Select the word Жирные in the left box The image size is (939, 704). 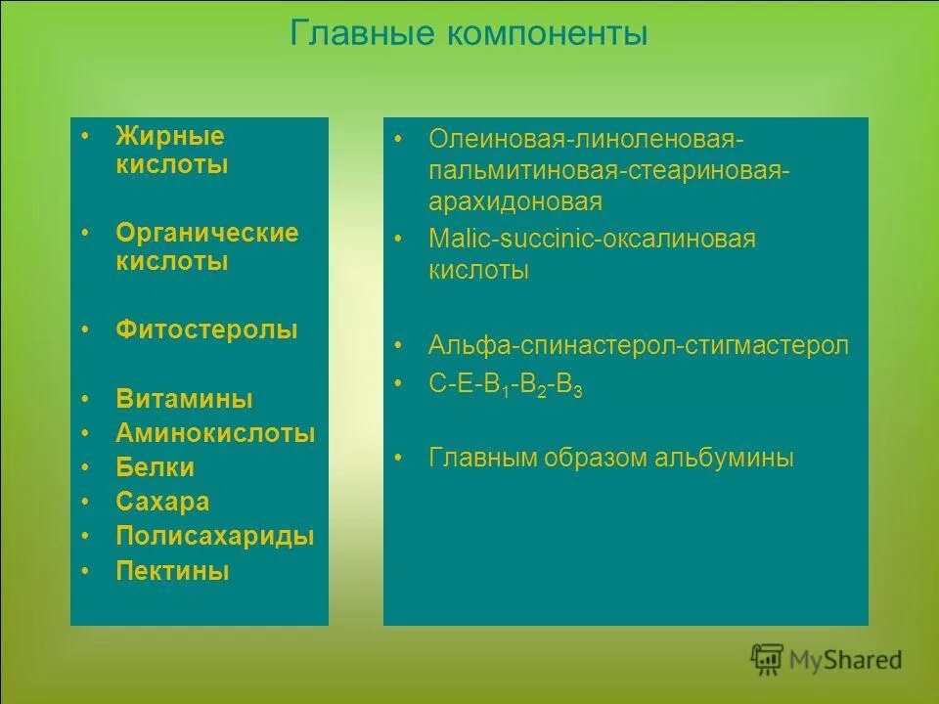tap(170, 136)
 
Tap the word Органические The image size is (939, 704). tap(207, 233)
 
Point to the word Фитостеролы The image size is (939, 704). tap(206, 330)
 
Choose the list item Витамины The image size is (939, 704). tap(184, 399)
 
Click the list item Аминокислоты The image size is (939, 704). tap(215, 433)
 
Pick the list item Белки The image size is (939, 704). tap(155, 467)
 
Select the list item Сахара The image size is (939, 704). tap(162, 502)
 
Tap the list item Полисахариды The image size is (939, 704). tap(215, 536)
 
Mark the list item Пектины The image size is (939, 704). tap(172, 571)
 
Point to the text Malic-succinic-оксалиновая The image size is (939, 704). tap(592, 239)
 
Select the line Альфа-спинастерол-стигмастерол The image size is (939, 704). tap(639, 345)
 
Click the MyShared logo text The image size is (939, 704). tap(846, 661)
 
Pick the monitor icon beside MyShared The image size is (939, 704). tap(768, 660)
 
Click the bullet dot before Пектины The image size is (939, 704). tap(86, 568)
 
